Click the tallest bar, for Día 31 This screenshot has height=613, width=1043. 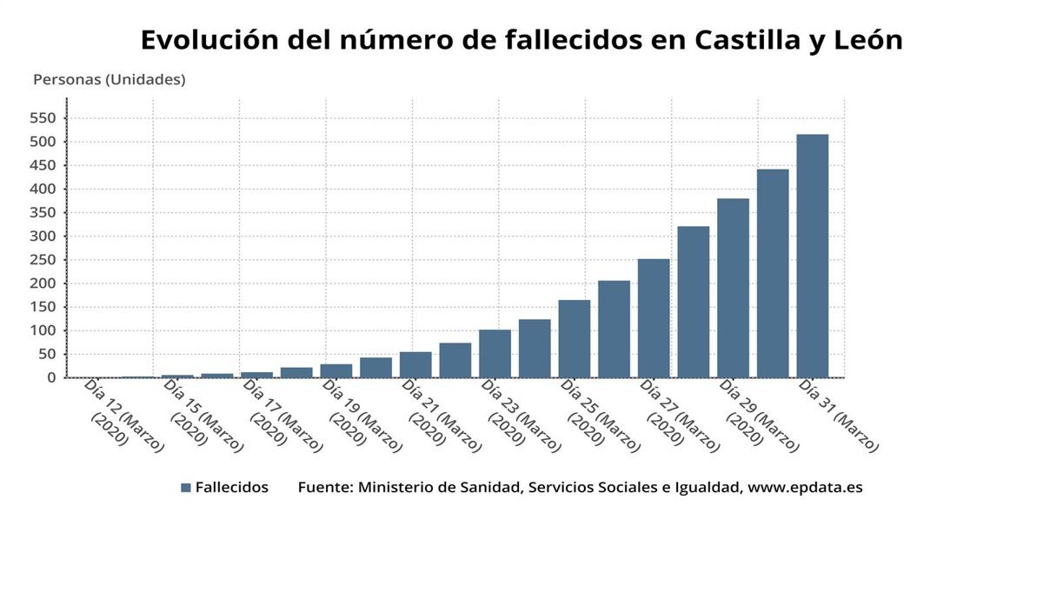[x=812, y=257]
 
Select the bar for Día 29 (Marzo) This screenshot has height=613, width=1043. [x=733, y=288]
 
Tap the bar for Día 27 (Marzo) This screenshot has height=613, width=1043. [x=654, y=318]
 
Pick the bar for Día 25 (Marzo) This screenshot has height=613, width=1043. [x=575, y=338]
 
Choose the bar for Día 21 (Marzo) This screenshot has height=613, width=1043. [x=415, y=364]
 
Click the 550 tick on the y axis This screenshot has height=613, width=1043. [x=43, y=118]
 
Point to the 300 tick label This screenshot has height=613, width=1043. [x=43, y=237]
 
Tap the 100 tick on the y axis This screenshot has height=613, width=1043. [x=43, y=330]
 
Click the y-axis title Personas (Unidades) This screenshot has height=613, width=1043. [x=110, y=80]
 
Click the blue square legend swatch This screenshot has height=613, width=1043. [x=186, y=488]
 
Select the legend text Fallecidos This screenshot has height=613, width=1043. [x=231, y=487]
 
